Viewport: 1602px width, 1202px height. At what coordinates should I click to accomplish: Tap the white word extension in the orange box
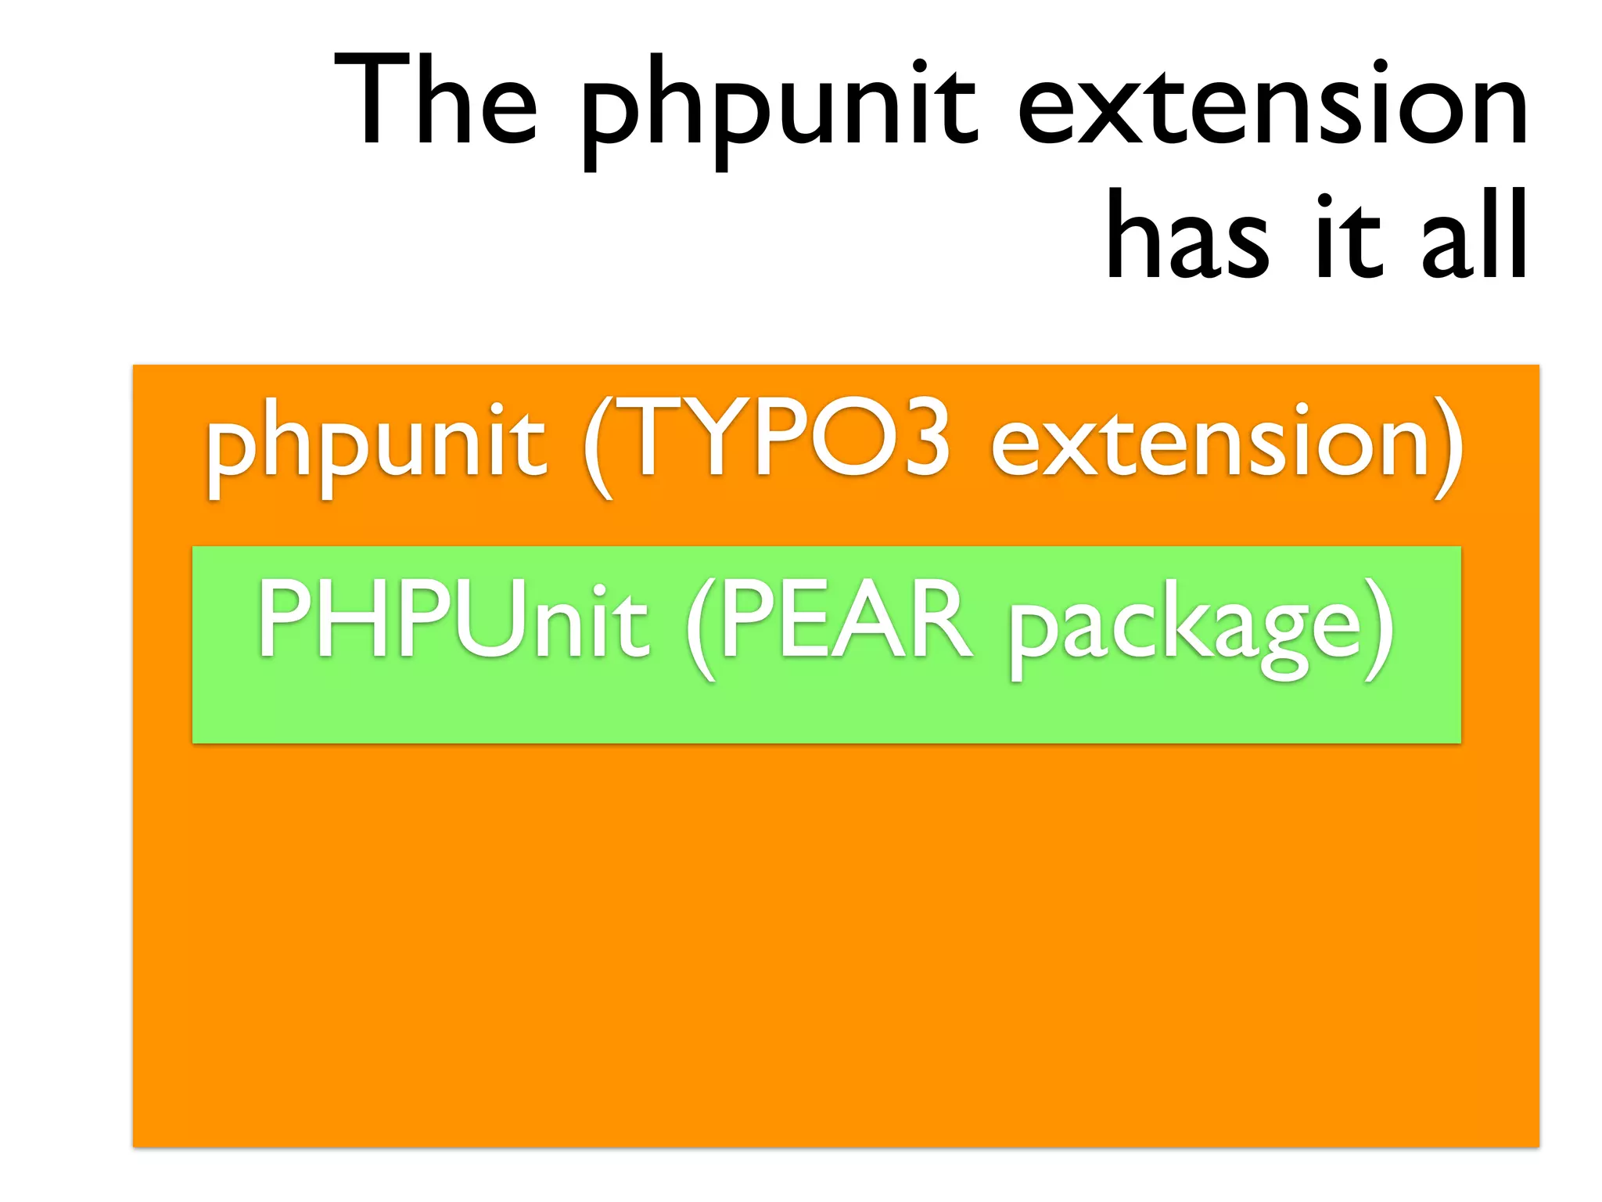click(x=1209, y=442)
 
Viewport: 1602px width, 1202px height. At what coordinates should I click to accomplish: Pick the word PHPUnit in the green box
click(x=454, y=622)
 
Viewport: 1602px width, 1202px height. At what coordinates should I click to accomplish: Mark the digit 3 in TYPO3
click(x=924, y=438)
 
